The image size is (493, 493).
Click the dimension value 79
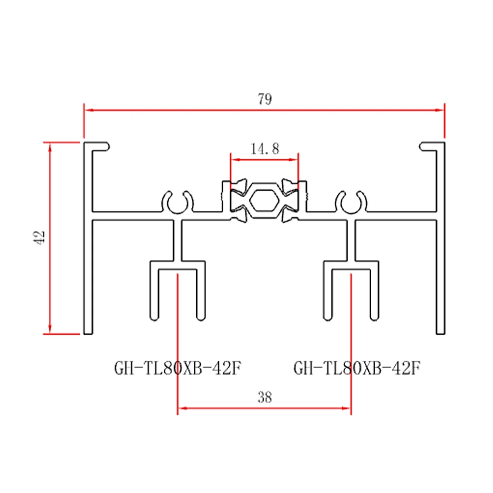[264, 100]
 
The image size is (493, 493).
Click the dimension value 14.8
[264, 149]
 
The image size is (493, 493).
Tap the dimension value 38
[265, 397]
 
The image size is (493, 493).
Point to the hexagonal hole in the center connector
[264, 202]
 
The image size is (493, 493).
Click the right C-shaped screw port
[351, 201]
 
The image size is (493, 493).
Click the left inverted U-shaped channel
[177, 291]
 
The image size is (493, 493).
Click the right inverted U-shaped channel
[351, 291]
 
